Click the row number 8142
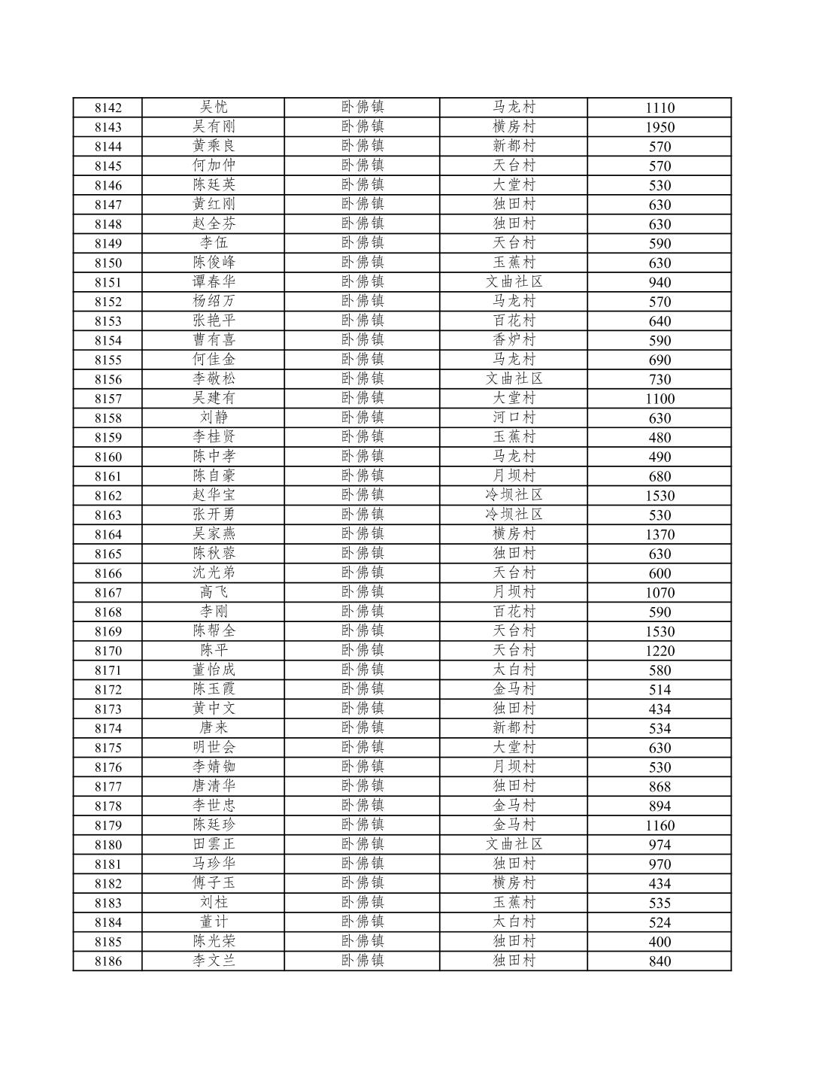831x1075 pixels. click(x=108, y=108)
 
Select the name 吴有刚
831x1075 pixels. click(x=214, y=126)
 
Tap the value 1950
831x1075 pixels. click(x=660, y=127)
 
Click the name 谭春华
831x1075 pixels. click(x=214, y=282)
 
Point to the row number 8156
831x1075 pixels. click(x=108, y=379)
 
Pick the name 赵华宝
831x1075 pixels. click(x=214, y=495)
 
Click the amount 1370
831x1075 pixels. click(x=660, y=535)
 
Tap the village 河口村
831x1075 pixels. click(x=514, y=418)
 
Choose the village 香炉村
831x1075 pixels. click(x=514, y=340)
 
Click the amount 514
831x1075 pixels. click(x=660, y=690)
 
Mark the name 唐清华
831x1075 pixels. click(x=214, y=786)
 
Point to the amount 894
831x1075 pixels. click(x=660, y=806)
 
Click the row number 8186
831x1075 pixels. click(x=108, y=961)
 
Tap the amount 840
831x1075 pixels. click(x=660, y=961)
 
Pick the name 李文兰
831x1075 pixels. click(x=214, y=961)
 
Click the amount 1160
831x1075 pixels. click(x=660, y=826)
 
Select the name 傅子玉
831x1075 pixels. click(x=214, y=883)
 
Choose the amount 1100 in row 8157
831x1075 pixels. click(x=660, y=399)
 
